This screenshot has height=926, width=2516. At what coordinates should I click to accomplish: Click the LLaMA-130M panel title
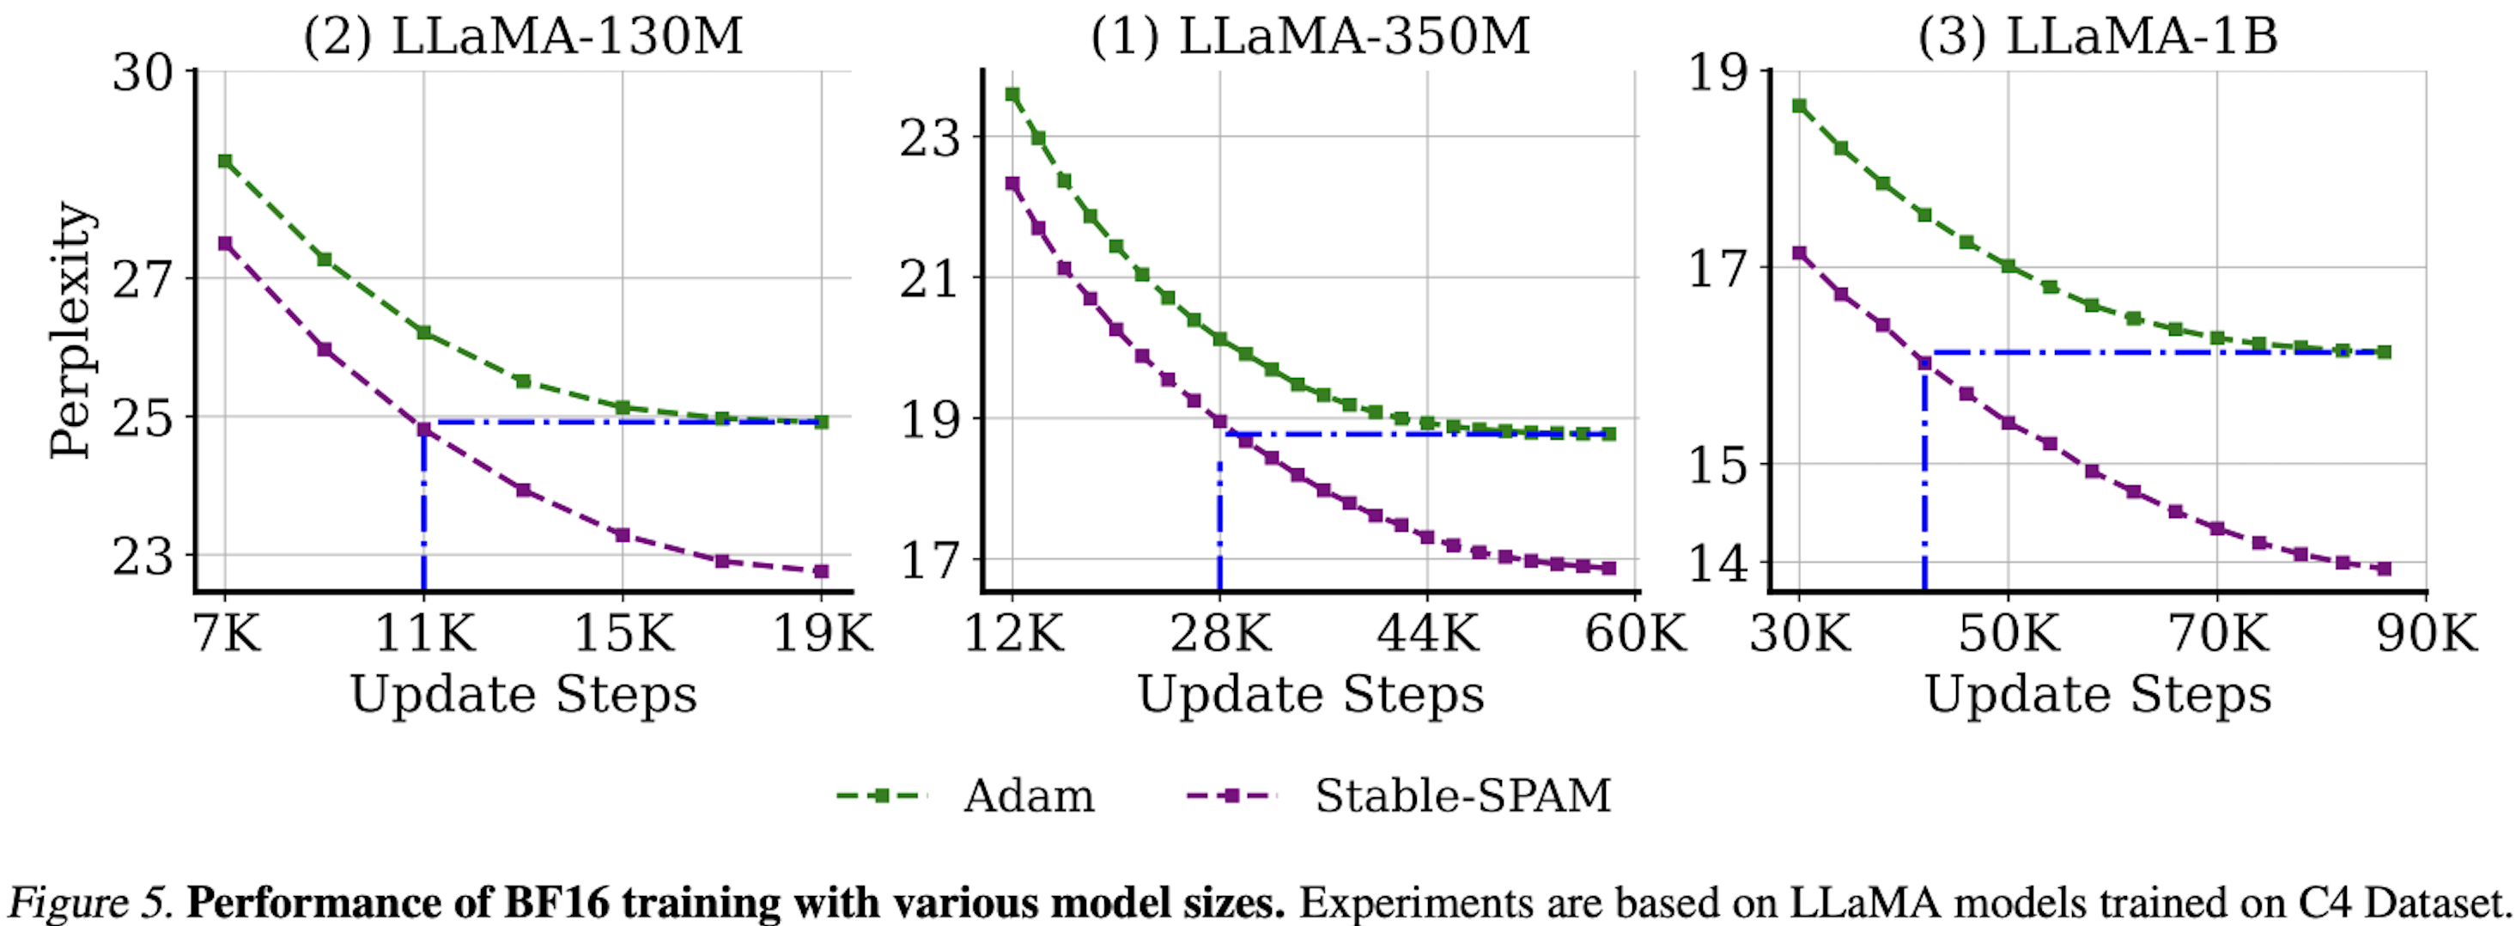coord(523,36)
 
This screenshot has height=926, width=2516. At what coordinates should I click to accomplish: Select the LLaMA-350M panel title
coord(1310,36)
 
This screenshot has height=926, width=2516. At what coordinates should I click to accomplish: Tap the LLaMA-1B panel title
coord(2097,36)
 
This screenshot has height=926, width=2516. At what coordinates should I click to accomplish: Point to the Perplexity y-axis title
coord(70,330)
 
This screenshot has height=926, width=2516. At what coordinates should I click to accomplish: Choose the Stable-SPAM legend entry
coord(1462,796)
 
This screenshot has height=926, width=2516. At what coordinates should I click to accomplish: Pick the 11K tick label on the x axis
coord(424,634)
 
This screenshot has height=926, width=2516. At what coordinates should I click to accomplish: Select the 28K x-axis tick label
coord(1220,634)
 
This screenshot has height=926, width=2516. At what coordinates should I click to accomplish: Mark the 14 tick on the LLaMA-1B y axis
coord(1719,564)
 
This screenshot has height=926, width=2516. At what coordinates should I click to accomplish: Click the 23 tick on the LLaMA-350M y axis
coord(931,137)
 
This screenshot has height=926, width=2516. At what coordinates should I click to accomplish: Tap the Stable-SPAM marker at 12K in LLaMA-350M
coord(1013,184)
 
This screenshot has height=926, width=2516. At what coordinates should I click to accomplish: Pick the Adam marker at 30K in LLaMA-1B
coord(1799,106)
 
